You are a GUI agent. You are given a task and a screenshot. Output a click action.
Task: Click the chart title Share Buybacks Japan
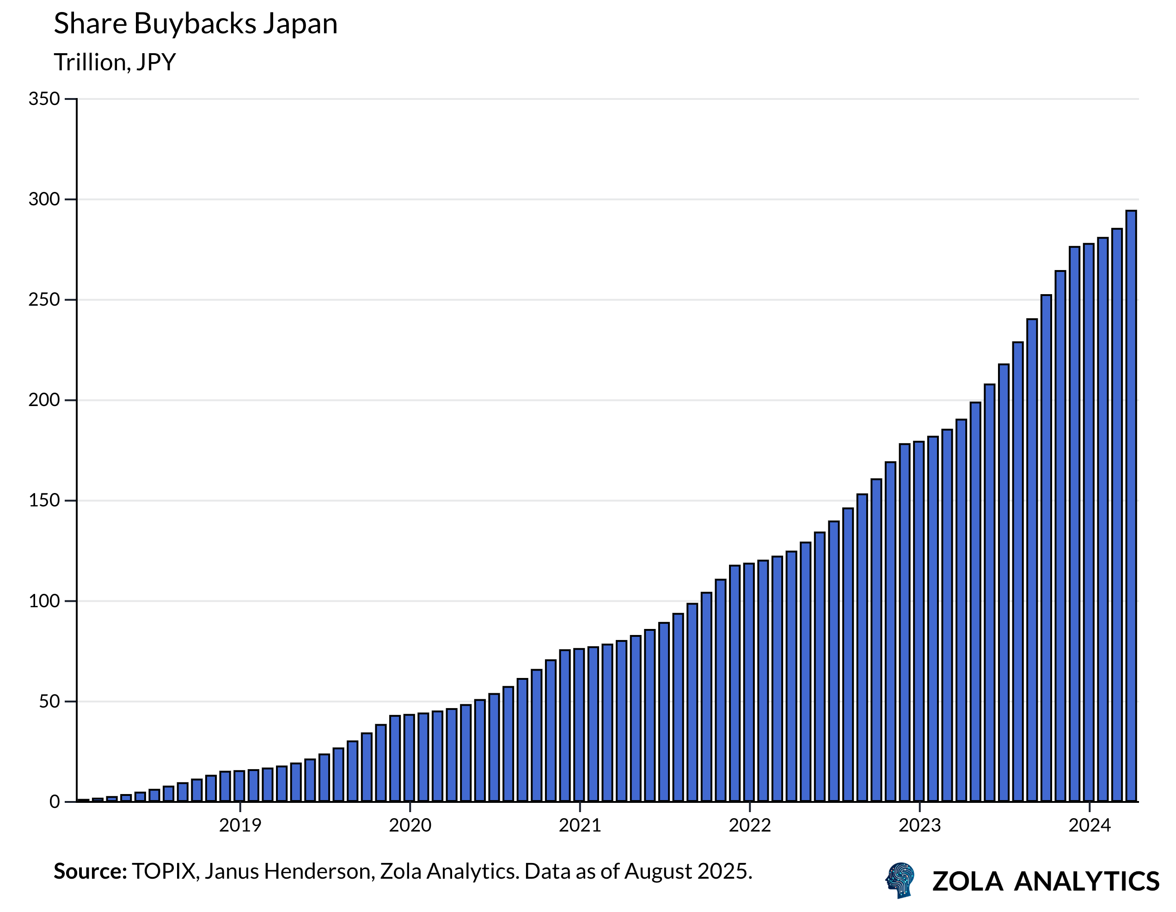tap(196, 24)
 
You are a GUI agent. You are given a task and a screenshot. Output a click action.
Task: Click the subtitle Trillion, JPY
tap(115, 62)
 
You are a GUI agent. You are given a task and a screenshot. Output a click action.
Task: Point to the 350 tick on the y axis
tap(44, 99)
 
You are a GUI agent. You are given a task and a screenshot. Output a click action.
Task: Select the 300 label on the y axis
tap(44, 199)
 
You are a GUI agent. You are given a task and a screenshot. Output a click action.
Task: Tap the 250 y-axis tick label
tap(44, 300)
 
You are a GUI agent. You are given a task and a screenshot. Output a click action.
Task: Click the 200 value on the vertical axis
tap(44, 400)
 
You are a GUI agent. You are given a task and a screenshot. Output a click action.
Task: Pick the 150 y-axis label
tap(44, 500)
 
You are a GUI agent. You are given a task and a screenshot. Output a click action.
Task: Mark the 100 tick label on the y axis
tap(44, 601)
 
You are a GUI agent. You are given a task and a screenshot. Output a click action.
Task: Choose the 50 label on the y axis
tap(49, 702)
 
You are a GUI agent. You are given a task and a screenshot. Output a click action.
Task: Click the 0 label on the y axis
tap(55, 802)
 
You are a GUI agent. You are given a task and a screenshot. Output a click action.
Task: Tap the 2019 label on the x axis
tap(240, 825)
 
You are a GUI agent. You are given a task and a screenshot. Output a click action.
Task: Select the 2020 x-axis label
tap(410, 825)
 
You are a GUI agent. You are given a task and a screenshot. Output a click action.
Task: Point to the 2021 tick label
tap(580, 825)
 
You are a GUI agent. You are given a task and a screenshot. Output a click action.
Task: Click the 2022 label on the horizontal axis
tap(750, 825)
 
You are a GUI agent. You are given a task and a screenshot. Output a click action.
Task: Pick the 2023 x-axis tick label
tap(920, 825)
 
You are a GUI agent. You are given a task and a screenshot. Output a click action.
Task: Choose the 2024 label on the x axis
tap(1090, 825)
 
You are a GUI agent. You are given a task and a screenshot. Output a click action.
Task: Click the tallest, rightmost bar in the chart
tap(1131, 506)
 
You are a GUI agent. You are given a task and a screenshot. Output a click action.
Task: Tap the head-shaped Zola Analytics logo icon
tap(900, 880)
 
